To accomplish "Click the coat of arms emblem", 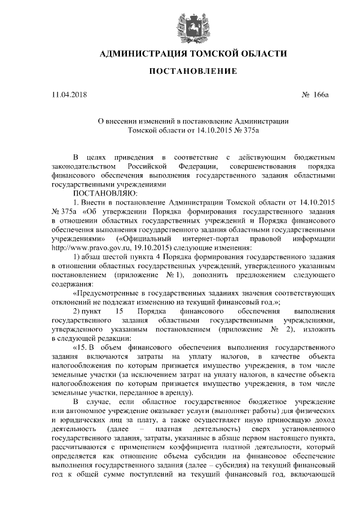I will click(x=180, y=24).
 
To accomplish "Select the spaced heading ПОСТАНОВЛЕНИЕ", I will click(x=180, y=72).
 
